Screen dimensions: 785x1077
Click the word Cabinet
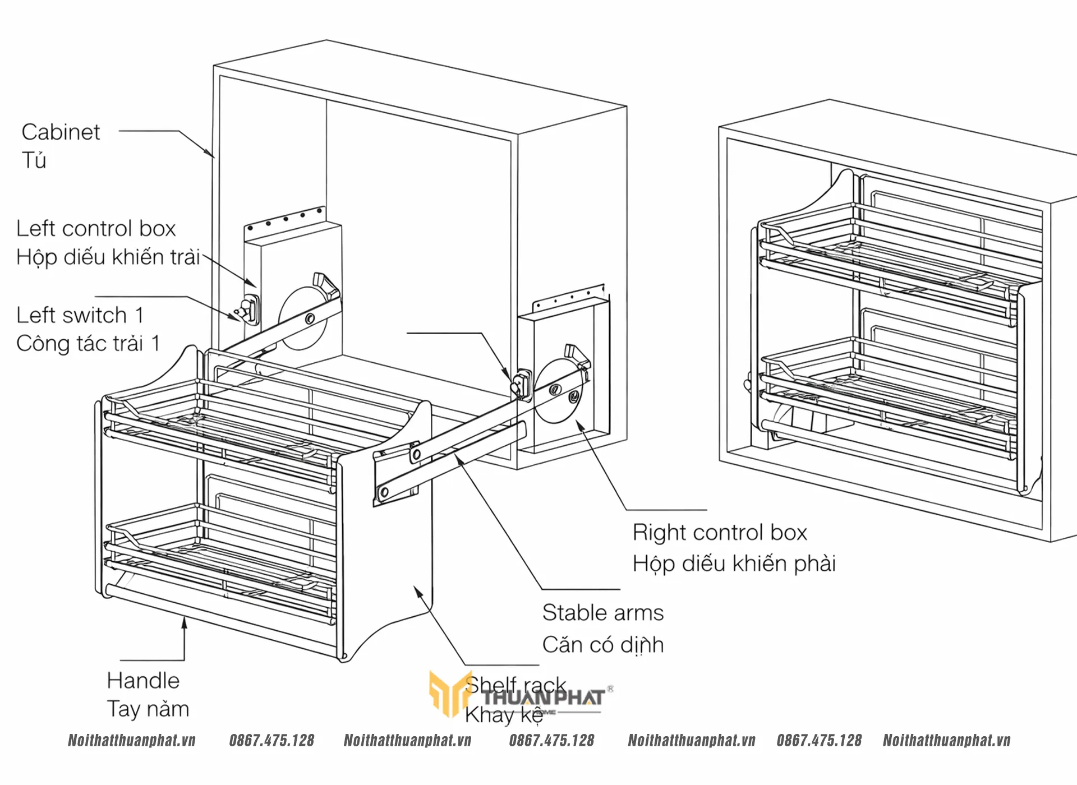61,132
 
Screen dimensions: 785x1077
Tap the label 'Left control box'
96,229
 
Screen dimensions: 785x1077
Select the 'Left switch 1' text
80,315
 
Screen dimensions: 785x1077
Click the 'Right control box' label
720,533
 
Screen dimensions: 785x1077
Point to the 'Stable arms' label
603,613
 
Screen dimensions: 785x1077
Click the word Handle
143,681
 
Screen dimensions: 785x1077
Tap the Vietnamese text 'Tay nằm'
148,709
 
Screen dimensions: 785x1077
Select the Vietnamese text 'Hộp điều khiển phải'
734,564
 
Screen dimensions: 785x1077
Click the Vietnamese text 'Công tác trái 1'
88,344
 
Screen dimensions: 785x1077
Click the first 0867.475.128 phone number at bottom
271,741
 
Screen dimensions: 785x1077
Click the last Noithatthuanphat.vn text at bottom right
946,741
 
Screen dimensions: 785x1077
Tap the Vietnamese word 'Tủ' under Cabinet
34,161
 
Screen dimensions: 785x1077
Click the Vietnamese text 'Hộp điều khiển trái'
108,257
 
